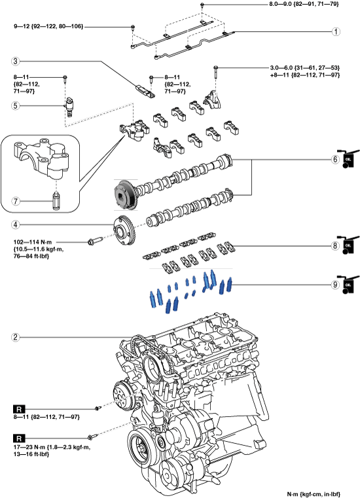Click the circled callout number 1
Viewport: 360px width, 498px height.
coord(336,32)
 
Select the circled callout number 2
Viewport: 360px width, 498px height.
coord(16,337)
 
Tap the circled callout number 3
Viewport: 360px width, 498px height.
coord(16,62)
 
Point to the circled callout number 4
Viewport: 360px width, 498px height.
coord(16,225)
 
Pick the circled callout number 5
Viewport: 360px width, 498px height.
coord(16,105)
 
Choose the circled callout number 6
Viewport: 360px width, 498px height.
coord(336,160)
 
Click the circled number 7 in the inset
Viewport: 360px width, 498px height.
coord(16,201)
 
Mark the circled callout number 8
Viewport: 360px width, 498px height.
coord(336,245)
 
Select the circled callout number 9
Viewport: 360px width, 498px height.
coord(336,285)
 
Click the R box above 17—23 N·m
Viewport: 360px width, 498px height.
coord(19,438)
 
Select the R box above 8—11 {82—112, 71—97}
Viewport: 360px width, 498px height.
coord(19,408)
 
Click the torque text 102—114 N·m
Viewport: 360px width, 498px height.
coord(33,242)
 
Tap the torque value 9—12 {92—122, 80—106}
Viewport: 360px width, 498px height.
coord(48,27)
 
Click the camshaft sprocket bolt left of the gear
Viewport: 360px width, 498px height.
coord(94,241)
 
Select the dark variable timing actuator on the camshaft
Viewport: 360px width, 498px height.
coord(125,194)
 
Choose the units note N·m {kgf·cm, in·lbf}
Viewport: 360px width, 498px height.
coord(314,494)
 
